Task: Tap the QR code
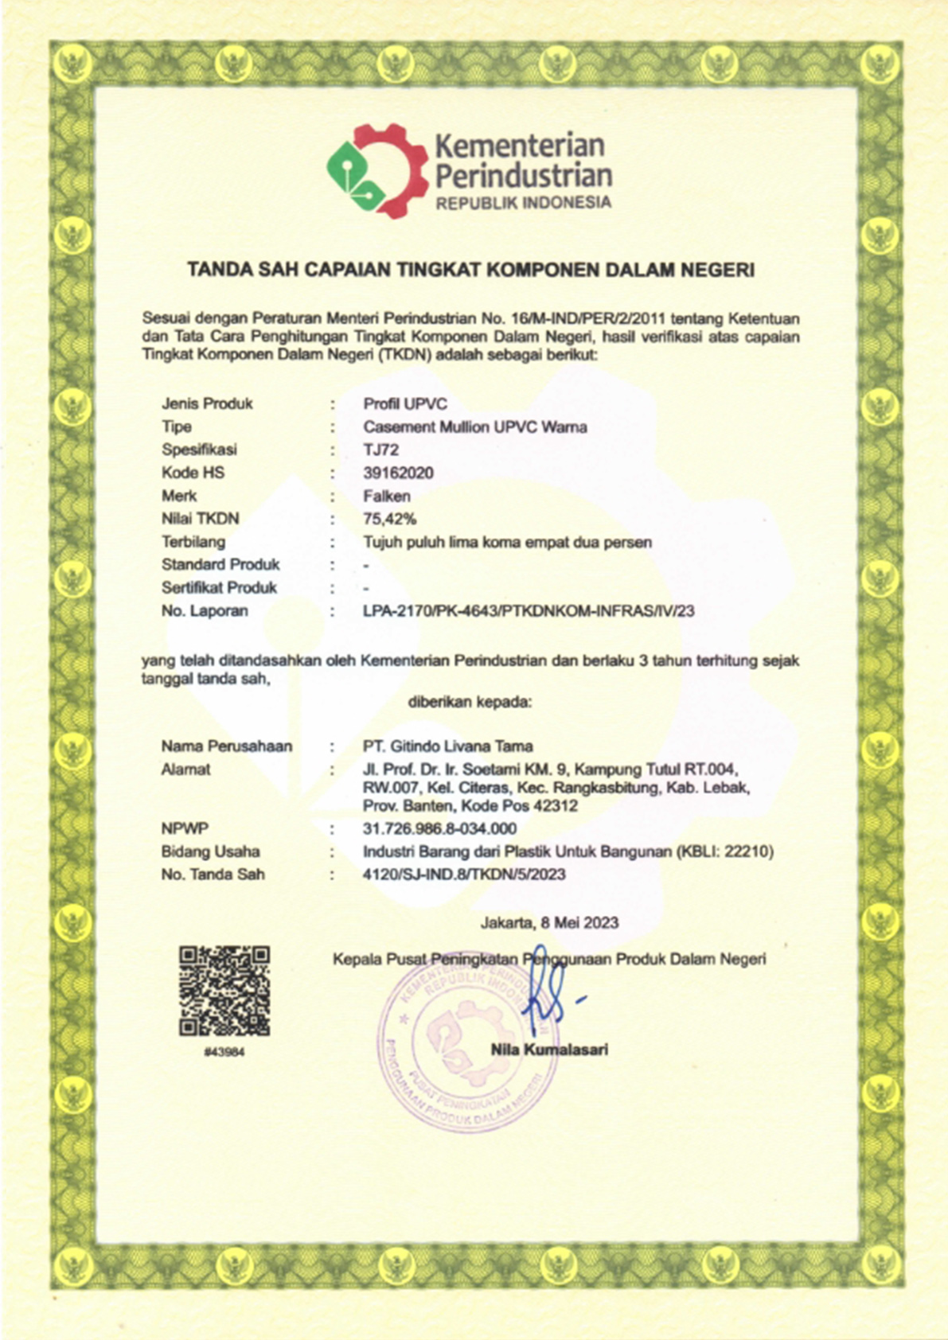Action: coord(224,990)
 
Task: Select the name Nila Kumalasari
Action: coord(549,1050)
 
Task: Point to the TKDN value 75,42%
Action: coord(390,519)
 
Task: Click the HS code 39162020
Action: coord(398,473)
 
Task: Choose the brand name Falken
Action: coord(387,496)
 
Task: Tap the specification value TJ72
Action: coord(380,450)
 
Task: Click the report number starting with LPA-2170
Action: coord(529,611)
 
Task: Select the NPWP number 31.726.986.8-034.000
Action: coord(439,828)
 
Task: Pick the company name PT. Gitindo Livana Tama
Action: coord(447,746)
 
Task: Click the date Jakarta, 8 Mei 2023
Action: coord(549,923)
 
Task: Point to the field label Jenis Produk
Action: coord(207,403)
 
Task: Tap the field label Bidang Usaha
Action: coord(210,851)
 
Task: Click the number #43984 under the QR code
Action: coord(224,1052)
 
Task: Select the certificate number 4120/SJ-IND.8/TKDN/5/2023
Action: coord(464,875)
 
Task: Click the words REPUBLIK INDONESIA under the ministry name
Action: coord(523,203)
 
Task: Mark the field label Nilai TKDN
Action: coord(200,519)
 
